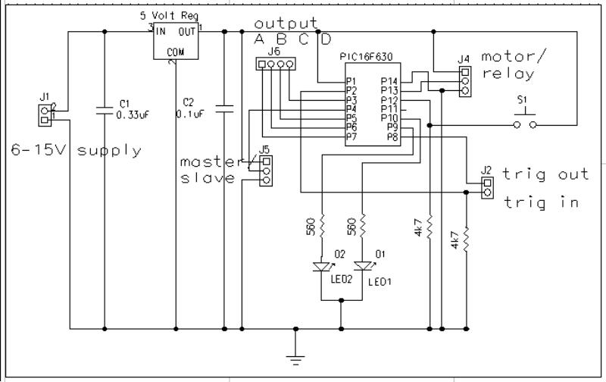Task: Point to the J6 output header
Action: (x=275, y=65)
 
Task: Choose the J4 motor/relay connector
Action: (x=465, y=82)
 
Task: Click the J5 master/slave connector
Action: (x=265, y=171)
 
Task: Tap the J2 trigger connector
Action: (x=486, y=186)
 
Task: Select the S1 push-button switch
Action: (x=525, y=120)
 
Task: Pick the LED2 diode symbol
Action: (x=321, y=267)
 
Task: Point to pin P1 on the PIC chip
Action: (x=351, y=81)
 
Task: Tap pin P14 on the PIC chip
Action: (x=389, y=81)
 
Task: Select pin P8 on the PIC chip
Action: (x=392, y=137)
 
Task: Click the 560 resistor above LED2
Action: (x=322, y=225)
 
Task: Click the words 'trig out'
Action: (x=545, y=174)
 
